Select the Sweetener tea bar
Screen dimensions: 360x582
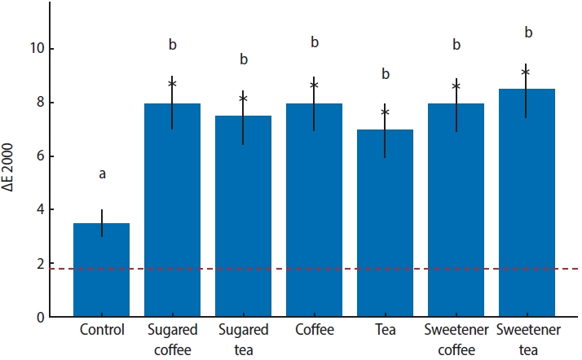tap(526, 203)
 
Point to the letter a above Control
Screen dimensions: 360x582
tap(102, 173)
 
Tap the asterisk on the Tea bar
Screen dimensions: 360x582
tap(385, 112)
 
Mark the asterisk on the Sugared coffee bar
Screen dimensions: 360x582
tap(172, 84)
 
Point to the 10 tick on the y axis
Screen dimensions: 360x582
tap(36, 49)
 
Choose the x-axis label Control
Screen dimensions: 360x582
tap(102, 331)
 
